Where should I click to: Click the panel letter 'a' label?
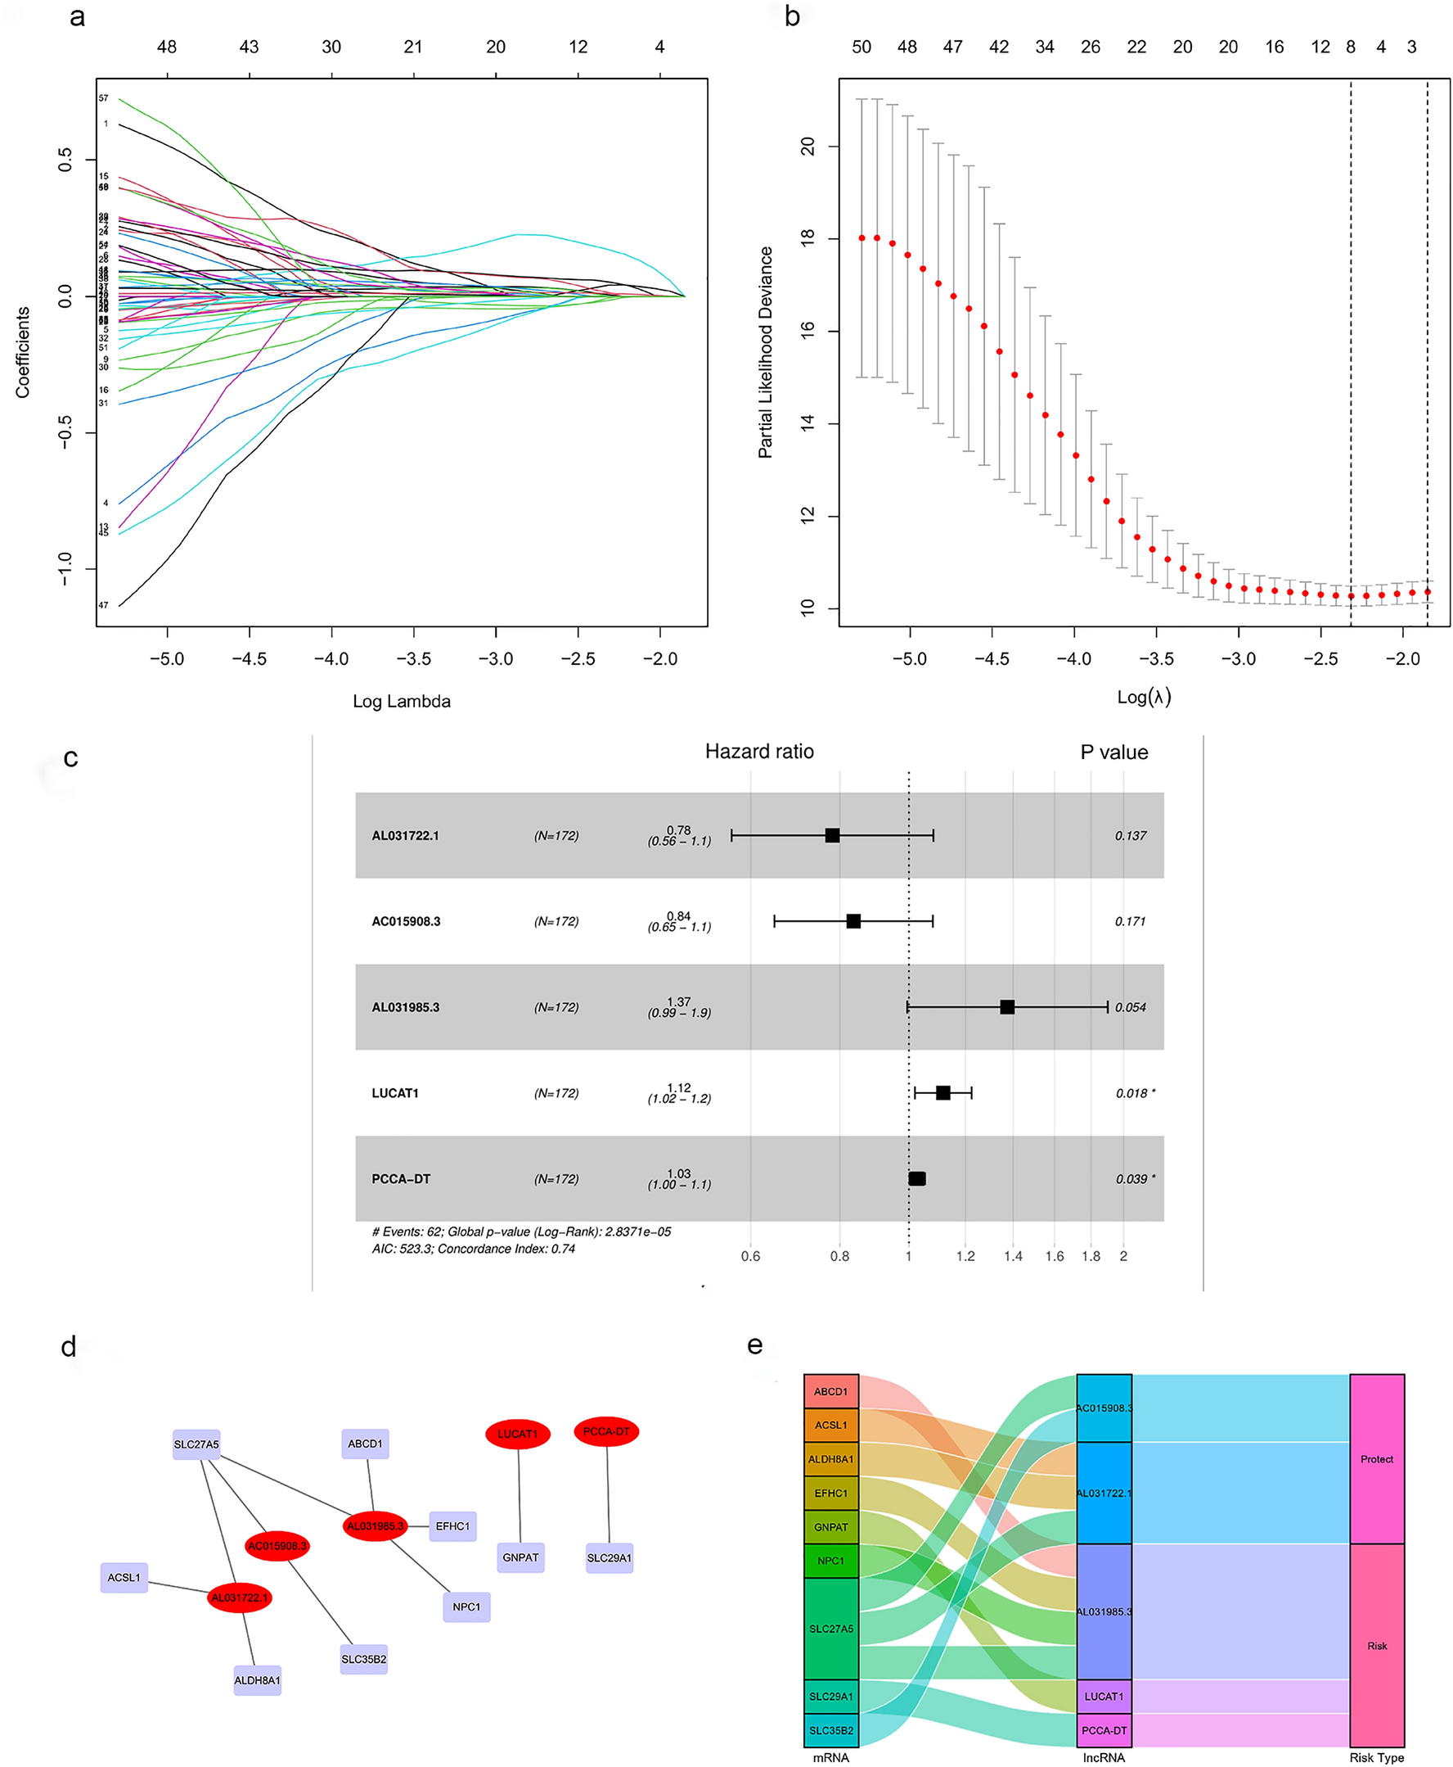click(77, 17)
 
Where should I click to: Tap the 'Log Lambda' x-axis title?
click(401, 701)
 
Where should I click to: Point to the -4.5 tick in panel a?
click(249, 658)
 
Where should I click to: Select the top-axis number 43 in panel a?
click(249, 47)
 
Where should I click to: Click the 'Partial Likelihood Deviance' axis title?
click(765, 352)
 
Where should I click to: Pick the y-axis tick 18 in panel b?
click(807, 238)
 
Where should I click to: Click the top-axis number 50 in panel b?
click(861, 47)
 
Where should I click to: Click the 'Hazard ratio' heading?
click(758, 751)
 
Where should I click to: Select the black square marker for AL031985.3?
click(1007, 1006)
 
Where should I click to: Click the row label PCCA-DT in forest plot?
click(401, 1178)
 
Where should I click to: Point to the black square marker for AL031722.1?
click(832, 835)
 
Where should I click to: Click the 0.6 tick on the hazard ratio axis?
click(750, 1255)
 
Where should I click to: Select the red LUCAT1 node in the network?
click(517, 1434)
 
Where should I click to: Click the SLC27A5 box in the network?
click(196, 1444)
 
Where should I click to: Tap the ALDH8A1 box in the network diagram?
click(257, 1680)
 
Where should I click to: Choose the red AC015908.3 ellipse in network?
click(277, 1545)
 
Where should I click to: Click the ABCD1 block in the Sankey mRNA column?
click(830, 1391)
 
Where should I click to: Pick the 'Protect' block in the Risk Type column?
click(1376, 1458)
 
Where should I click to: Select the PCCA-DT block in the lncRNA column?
click(1103, 1729)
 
